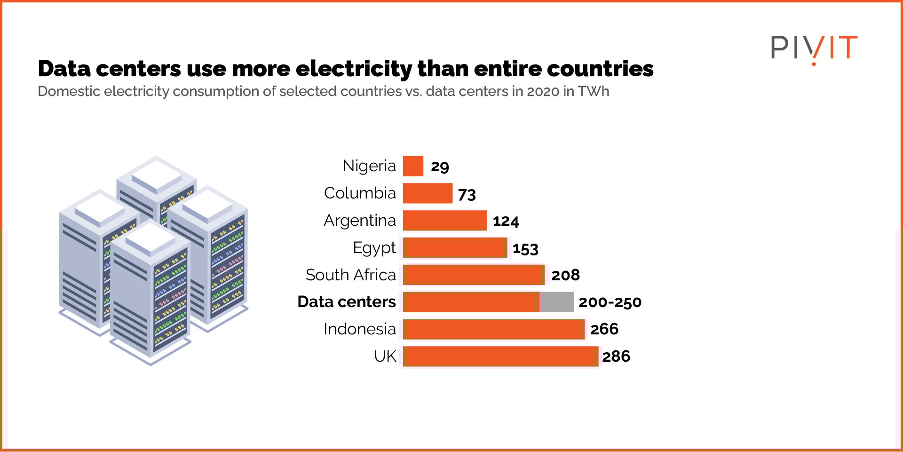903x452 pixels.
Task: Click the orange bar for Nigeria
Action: click(x=413, y=166)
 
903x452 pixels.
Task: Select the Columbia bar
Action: click(x=428, y=193)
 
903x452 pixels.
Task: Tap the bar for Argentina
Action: click(x=445, y=221)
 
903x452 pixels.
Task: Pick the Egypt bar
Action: click(x=455, y=248)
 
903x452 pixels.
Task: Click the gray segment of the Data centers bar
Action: click(x=557, y=302)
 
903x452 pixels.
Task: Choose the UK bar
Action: click(x=500, y=357)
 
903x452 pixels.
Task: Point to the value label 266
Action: click(x=604, y=329)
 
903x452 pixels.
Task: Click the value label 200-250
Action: click(x=610, y=302)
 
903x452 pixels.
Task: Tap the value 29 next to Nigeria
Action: click(x=440, y=167)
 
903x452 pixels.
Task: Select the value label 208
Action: click(x=565, y=275)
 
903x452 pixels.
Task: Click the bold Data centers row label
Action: click(x=347, y=302)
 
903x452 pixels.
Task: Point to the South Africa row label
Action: click(x=351, y=275)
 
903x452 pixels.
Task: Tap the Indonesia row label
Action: click(x=360, y=329)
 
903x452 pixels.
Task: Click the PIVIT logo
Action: click(x=814, y=48)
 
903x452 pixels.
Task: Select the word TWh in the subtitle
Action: click(x=594, y=91)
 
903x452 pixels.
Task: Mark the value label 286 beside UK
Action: click(x=616, y=357)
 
